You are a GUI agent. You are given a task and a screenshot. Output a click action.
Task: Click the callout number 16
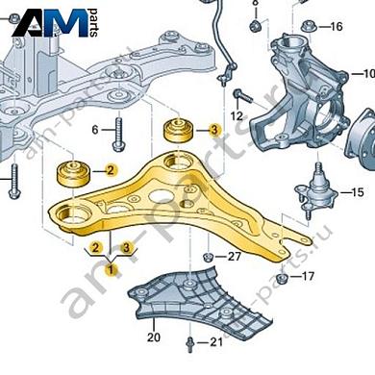tap(336, 26)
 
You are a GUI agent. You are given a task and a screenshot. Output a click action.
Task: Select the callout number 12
tap(237, 116)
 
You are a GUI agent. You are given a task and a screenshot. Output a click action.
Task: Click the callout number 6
tap(95, 129)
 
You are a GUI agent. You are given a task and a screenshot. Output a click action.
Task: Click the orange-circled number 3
tap(214, 129)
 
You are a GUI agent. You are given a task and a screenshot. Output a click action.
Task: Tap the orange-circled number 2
tap(112, 171)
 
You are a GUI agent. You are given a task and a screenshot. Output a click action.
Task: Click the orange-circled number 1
tap(112, 270)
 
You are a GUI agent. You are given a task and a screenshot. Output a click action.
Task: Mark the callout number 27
tap(234, 257)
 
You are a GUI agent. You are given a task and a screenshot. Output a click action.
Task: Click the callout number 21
tap(215, 342)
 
